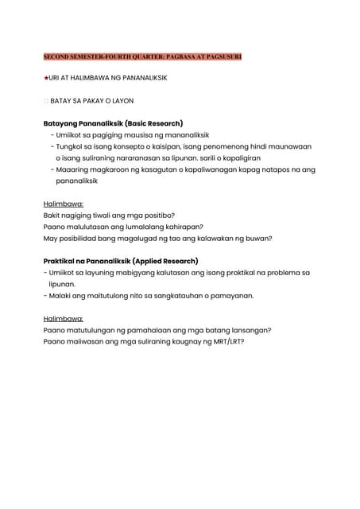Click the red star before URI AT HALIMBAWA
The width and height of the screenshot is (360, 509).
pos(45,80)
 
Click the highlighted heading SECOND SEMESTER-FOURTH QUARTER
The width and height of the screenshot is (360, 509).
pos(142,57)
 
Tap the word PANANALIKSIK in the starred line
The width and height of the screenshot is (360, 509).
pos(140,80)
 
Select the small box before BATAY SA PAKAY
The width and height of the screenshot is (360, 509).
pos(45,102)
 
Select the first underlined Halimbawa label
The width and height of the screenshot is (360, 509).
pos(64,204)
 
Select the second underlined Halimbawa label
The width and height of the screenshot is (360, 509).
pos(64,318)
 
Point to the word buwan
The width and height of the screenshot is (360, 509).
pos(257,238)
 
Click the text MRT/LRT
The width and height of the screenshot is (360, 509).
pos(226,341)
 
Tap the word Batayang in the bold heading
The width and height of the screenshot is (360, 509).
pos(63,123)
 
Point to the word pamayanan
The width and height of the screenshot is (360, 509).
pos(230,295)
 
